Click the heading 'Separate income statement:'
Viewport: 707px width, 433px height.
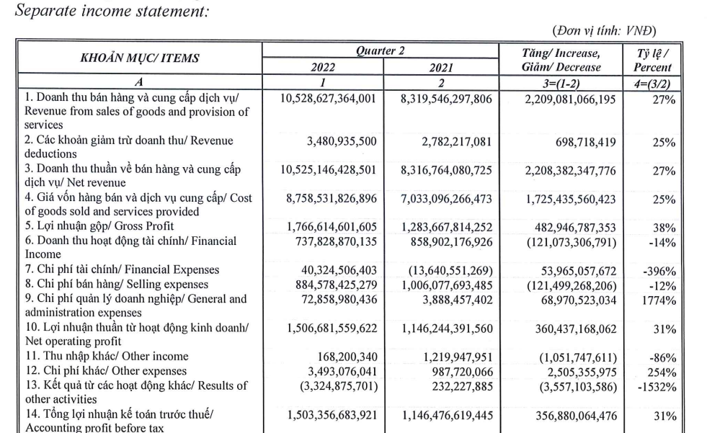(x=106, y=11)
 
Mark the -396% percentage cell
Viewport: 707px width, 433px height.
(x=660, y=269)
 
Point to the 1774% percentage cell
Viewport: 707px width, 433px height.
(x=659, y=298)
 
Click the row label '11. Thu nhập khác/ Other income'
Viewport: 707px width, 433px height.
(x=106, y=355)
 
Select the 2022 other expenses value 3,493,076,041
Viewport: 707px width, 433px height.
(x=332, y=370)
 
